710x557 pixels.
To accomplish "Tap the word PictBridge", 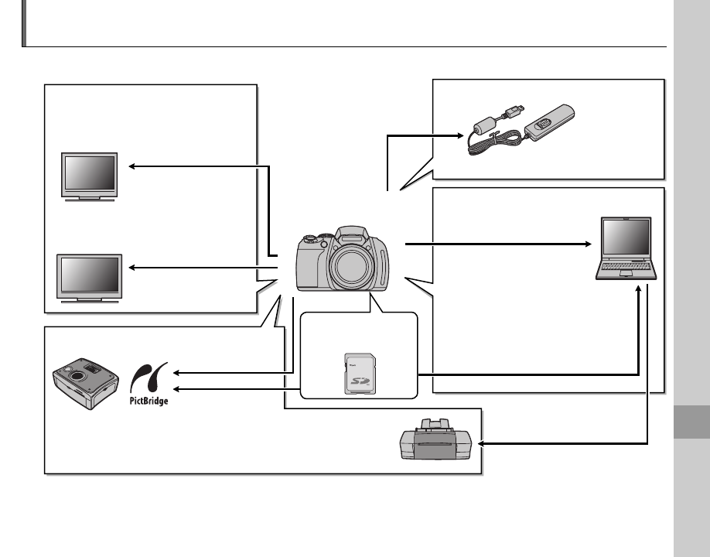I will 148,401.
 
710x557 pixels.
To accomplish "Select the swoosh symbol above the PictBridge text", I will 147,377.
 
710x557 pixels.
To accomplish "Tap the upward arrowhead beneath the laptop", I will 638,285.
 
